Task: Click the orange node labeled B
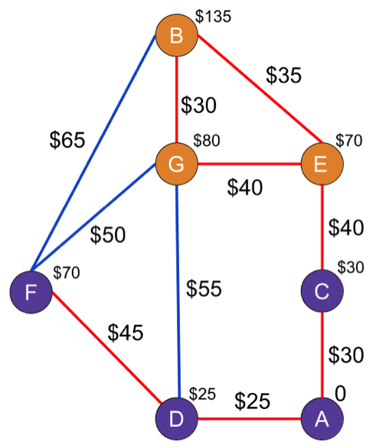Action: point(177,35)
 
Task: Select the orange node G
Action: point(177,164)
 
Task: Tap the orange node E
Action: point(322,164)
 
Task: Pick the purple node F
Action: point(31,292)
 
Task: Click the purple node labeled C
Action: point(322,291)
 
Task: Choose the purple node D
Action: point(177,419)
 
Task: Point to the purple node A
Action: point(322,419)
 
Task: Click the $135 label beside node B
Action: point(213,16)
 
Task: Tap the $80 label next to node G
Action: point(207,140)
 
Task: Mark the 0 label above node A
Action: point(340,394)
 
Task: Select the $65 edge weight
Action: point(67,140)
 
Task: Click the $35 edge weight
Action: point(283,76)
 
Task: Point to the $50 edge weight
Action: point(108,235)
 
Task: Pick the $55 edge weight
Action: point(204,288)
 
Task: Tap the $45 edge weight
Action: point(126,333)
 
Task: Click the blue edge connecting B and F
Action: point(93,153)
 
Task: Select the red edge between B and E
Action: point(260,89)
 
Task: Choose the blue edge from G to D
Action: point(178,291)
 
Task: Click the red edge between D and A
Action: point(250,419)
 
